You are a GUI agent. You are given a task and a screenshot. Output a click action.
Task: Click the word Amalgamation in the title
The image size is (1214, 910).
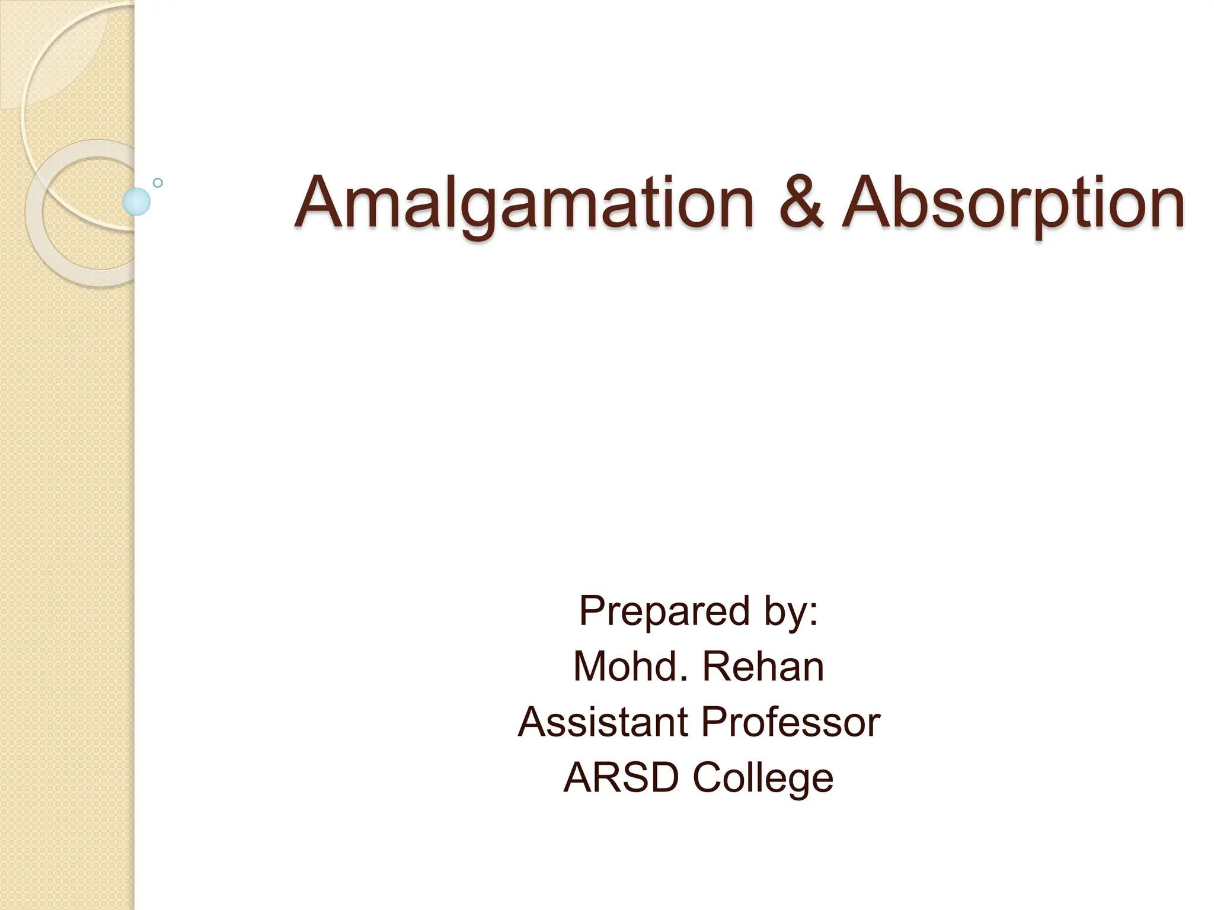pyautogui.click(x=524, y=203)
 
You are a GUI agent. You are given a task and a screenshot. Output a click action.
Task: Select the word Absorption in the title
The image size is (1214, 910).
pyautogui.click(x=1014, y=203)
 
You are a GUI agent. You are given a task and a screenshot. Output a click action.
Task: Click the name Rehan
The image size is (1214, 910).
pyautogui.click(x=763, y=667)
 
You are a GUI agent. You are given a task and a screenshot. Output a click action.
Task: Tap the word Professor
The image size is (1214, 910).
pyautogui.click(x=791, y=722)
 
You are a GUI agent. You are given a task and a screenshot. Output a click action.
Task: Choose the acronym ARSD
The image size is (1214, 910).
pyautogui.click(x=621, y=777)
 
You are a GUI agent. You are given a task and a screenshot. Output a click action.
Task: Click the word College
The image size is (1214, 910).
pyautogui.click(x=763, y=778)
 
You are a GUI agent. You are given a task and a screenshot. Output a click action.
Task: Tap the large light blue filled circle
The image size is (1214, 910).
pyautogui.click(x=136, y=201)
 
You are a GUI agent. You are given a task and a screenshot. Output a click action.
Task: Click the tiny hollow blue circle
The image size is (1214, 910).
pyautogui.click(x=158, y=182)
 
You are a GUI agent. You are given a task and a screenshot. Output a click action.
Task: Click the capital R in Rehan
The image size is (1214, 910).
pyautogui.click(x=715, y=667)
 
